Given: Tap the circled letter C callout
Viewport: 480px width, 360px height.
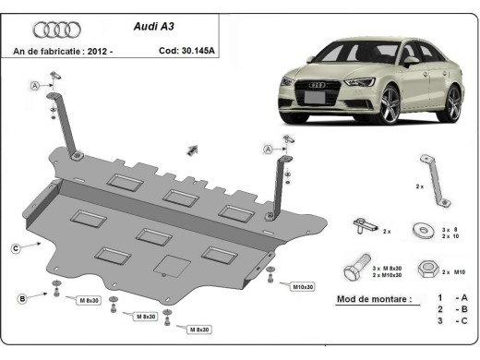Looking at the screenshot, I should pos(17,246).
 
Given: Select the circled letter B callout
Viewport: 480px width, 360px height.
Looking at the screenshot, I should pos(20,297).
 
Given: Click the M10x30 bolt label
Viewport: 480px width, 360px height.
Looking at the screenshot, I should pos(305,287).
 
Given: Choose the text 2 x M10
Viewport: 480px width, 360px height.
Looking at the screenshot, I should pos(453,272).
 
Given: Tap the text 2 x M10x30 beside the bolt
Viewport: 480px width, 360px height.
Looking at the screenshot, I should pos(388,275).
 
